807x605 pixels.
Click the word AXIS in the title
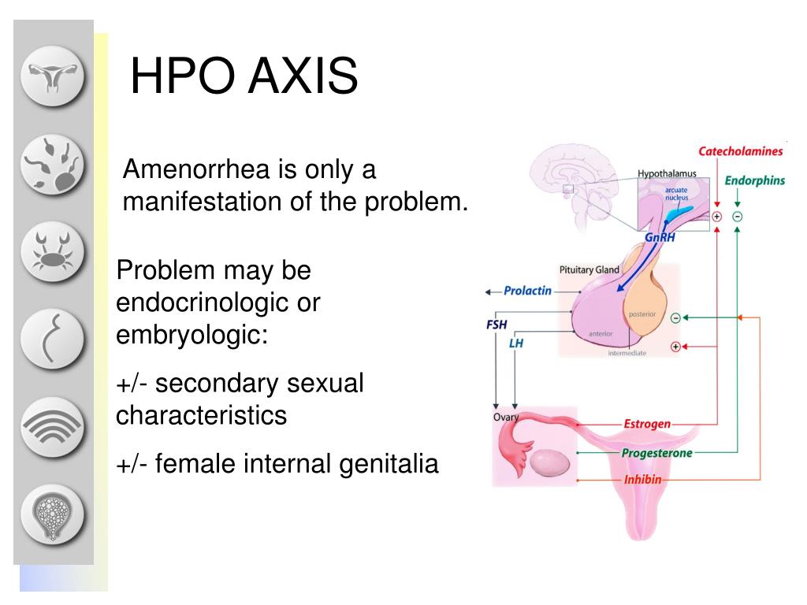[303, 76]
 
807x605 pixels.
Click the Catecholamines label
[740, 151]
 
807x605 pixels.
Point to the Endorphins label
[754, 180]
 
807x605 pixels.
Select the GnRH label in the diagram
[660, 237]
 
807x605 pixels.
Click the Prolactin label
[527, 291]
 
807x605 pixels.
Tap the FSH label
[496, 325]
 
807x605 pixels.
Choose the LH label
[515, 343]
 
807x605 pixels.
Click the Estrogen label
[647, 424]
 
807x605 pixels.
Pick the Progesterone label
[656, 453]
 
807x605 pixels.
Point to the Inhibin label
[642, 480]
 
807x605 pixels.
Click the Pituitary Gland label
[589, 269]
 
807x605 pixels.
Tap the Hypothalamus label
[667, 174]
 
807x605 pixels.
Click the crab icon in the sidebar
[52, 251]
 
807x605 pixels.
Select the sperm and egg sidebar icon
[52, 164]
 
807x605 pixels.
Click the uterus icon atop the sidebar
[52, 76]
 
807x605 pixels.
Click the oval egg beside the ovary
[549, 462]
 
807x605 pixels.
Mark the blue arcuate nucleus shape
[679, 211]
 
